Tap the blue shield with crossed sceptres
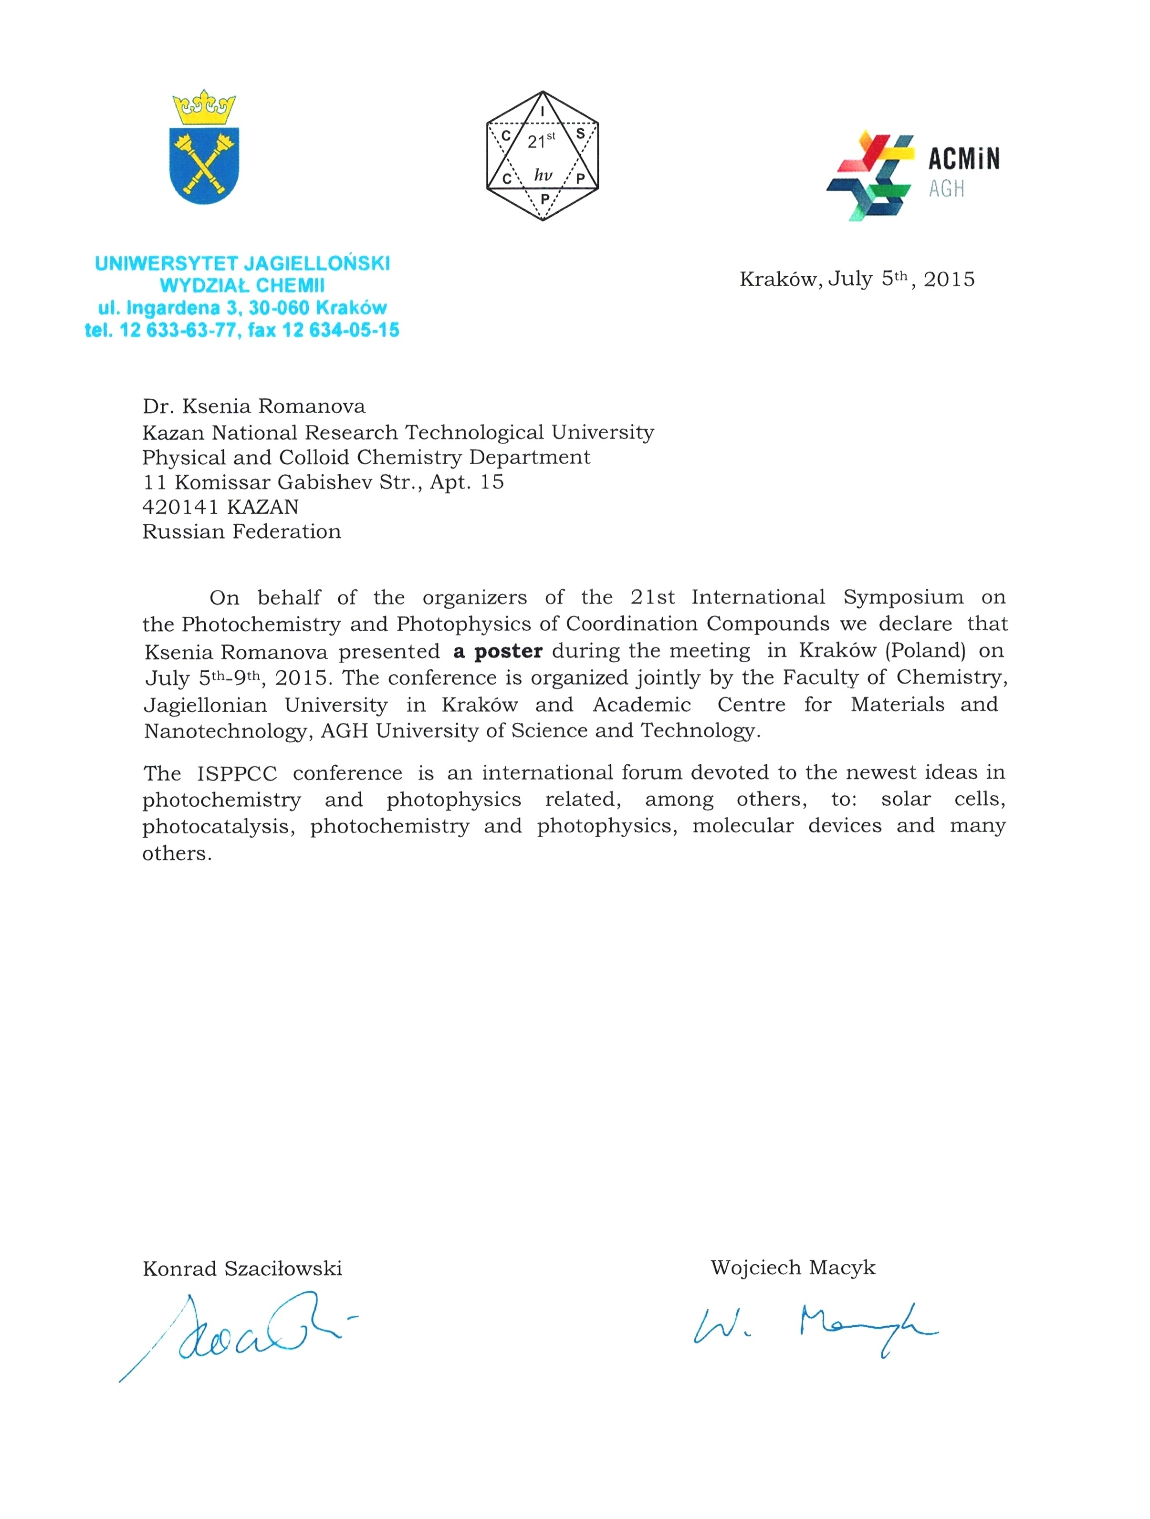tap(204, 165)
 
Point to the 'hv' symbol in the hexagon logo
tap(543, 175)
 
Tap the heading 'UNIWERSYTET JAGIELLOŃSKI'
tap(242, 263)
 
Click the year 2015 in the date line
tap(949, 280)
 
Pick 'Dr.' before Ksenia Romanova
tap(157, 406)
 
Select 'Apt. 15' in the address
tap(467, 482)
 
